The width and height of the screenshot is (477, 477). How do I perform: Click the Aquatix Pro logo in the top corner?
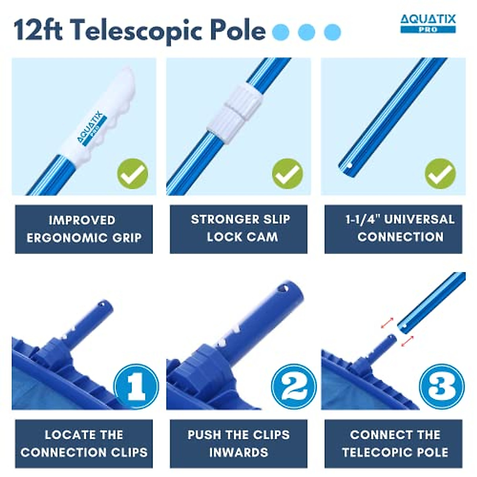428,23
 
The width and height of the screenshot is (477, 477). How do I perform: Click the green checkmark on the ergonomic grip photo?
132,174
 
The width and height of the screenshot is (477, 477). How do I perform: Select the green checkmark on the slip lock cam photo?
287,174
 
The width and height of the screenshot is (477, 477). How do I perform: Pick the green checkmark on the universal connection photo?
440,174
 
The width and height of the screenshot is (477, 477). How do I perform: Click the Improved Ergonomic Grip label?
84,229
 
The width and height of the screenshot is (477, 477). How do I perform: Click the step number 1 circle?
136,386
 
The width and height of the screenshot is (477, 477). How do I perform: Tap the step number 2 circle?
294,386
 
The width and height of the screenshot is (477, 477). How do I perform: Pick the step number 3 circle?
442,386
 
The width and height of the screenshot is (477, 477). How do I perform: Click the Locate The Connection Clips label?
84,444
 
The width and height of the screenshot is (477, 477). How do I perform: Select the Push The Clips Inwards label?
238,444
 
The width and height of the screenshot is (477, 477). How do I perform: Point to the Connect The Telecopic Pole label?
393,444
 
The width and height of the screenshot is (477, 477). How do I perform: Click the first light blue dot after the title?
281,32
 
